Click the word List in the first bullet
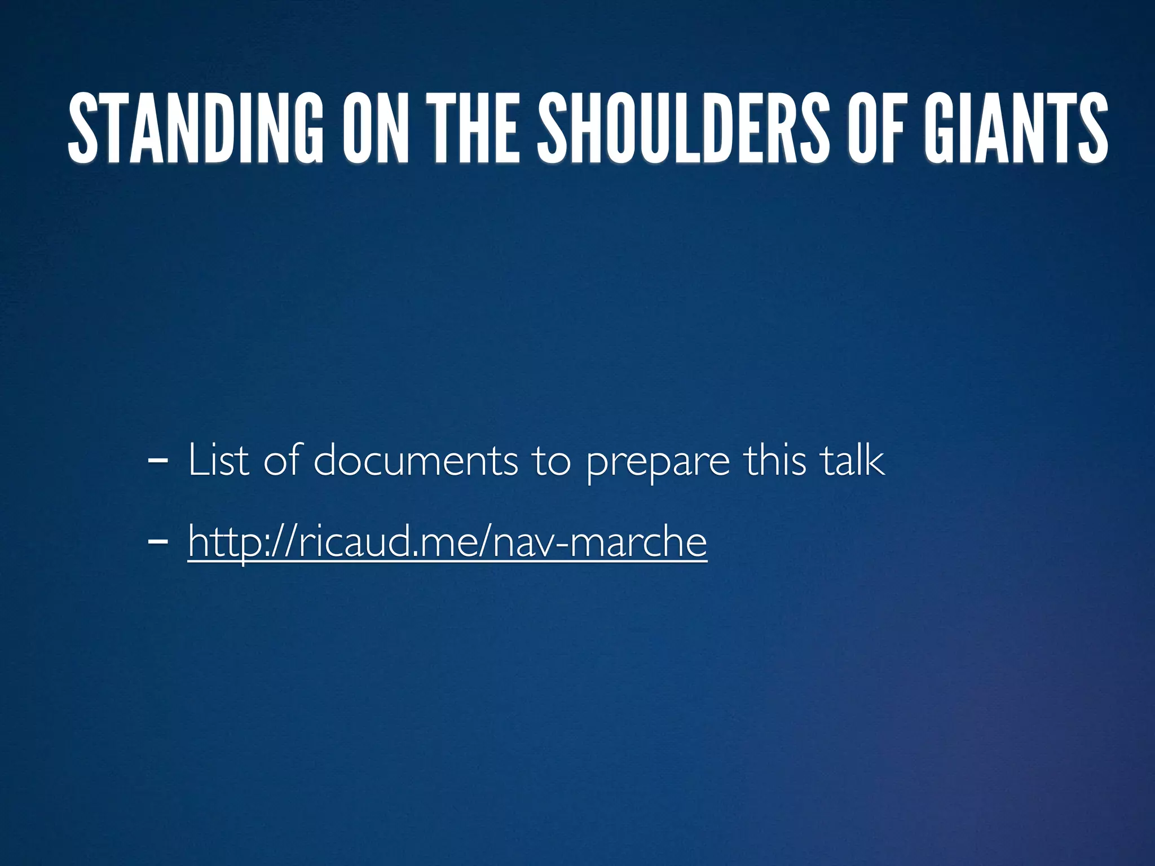pyautogui.click(x=218, y=460)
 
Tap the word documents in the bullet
pyautogui.click(x=415, y=460)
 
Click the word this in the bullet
pyautogui.click(x=775, y=460)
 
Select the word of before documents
pyautogui.click(x=282, y=460)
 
